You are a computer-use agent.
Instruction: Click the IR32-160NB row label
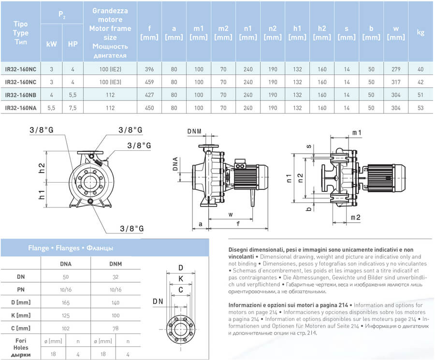[20, 94]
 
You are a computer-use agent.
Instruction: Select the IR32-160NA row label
[20, 107]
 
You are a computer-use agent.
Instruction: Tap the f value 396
[149, 70]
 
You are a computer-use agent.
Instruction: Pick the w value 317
[396, 82]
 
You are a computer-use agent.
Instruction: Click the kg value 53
[420, 107]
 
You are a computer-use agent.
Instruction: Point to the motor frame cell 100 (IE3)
[110, 82]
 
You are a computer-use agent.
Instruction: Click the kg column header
[420, 33]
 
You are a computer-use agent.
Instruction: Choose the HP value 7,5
[73, 107]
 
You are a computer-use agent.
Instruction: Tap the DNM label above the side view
[195, 131]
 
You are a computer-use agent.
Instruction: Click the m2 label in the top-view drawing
[356, 218]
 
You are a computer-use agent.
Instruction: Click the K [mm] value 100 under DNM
[116, 315]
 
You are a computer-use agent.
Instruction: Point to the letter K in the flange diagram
[181, 279]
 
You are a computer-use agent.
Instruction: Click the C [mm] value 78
[116, 328]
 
